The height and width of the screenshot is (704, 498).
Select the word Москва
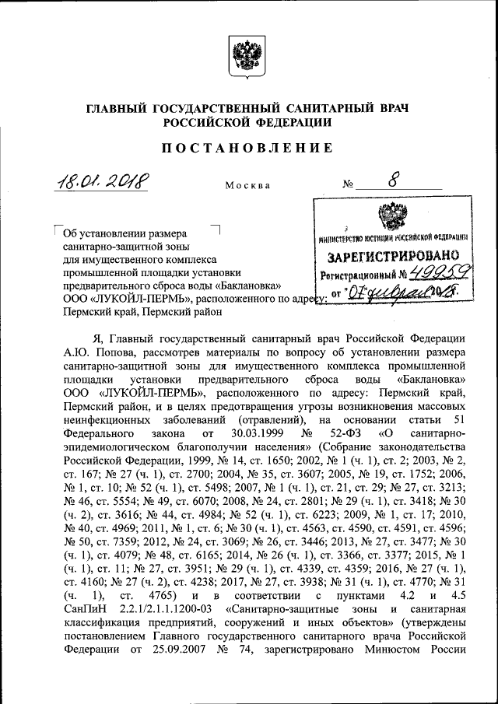pos(247,186)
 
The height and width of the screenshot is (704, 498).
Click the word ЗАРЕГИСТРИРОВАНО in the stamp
pos(391,257)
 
